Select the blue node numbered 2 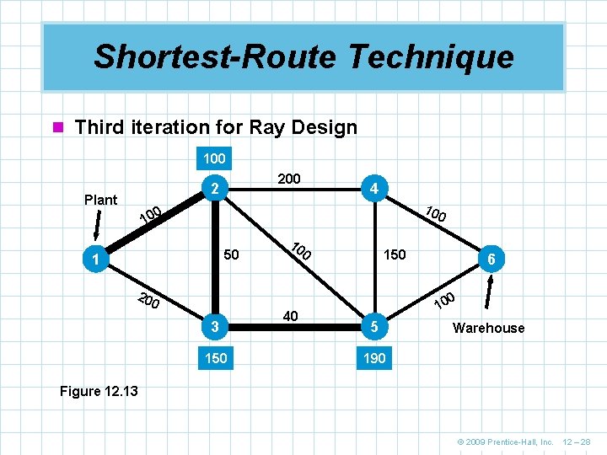point(216,190)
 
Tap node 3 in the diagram point(216,327)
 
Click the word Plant point(101,200)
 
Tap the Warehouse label point(488,328)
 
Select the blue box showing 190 point(374,358)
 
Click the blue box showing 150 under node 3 point(216,358)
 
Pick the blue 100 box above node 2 point(214,158)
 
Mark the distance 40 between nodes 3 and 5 point(291,316)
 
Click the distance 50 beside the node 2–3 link point(232,254)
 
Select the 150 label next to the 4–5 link point(394,254)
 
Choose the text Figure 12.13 point(99,391)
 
